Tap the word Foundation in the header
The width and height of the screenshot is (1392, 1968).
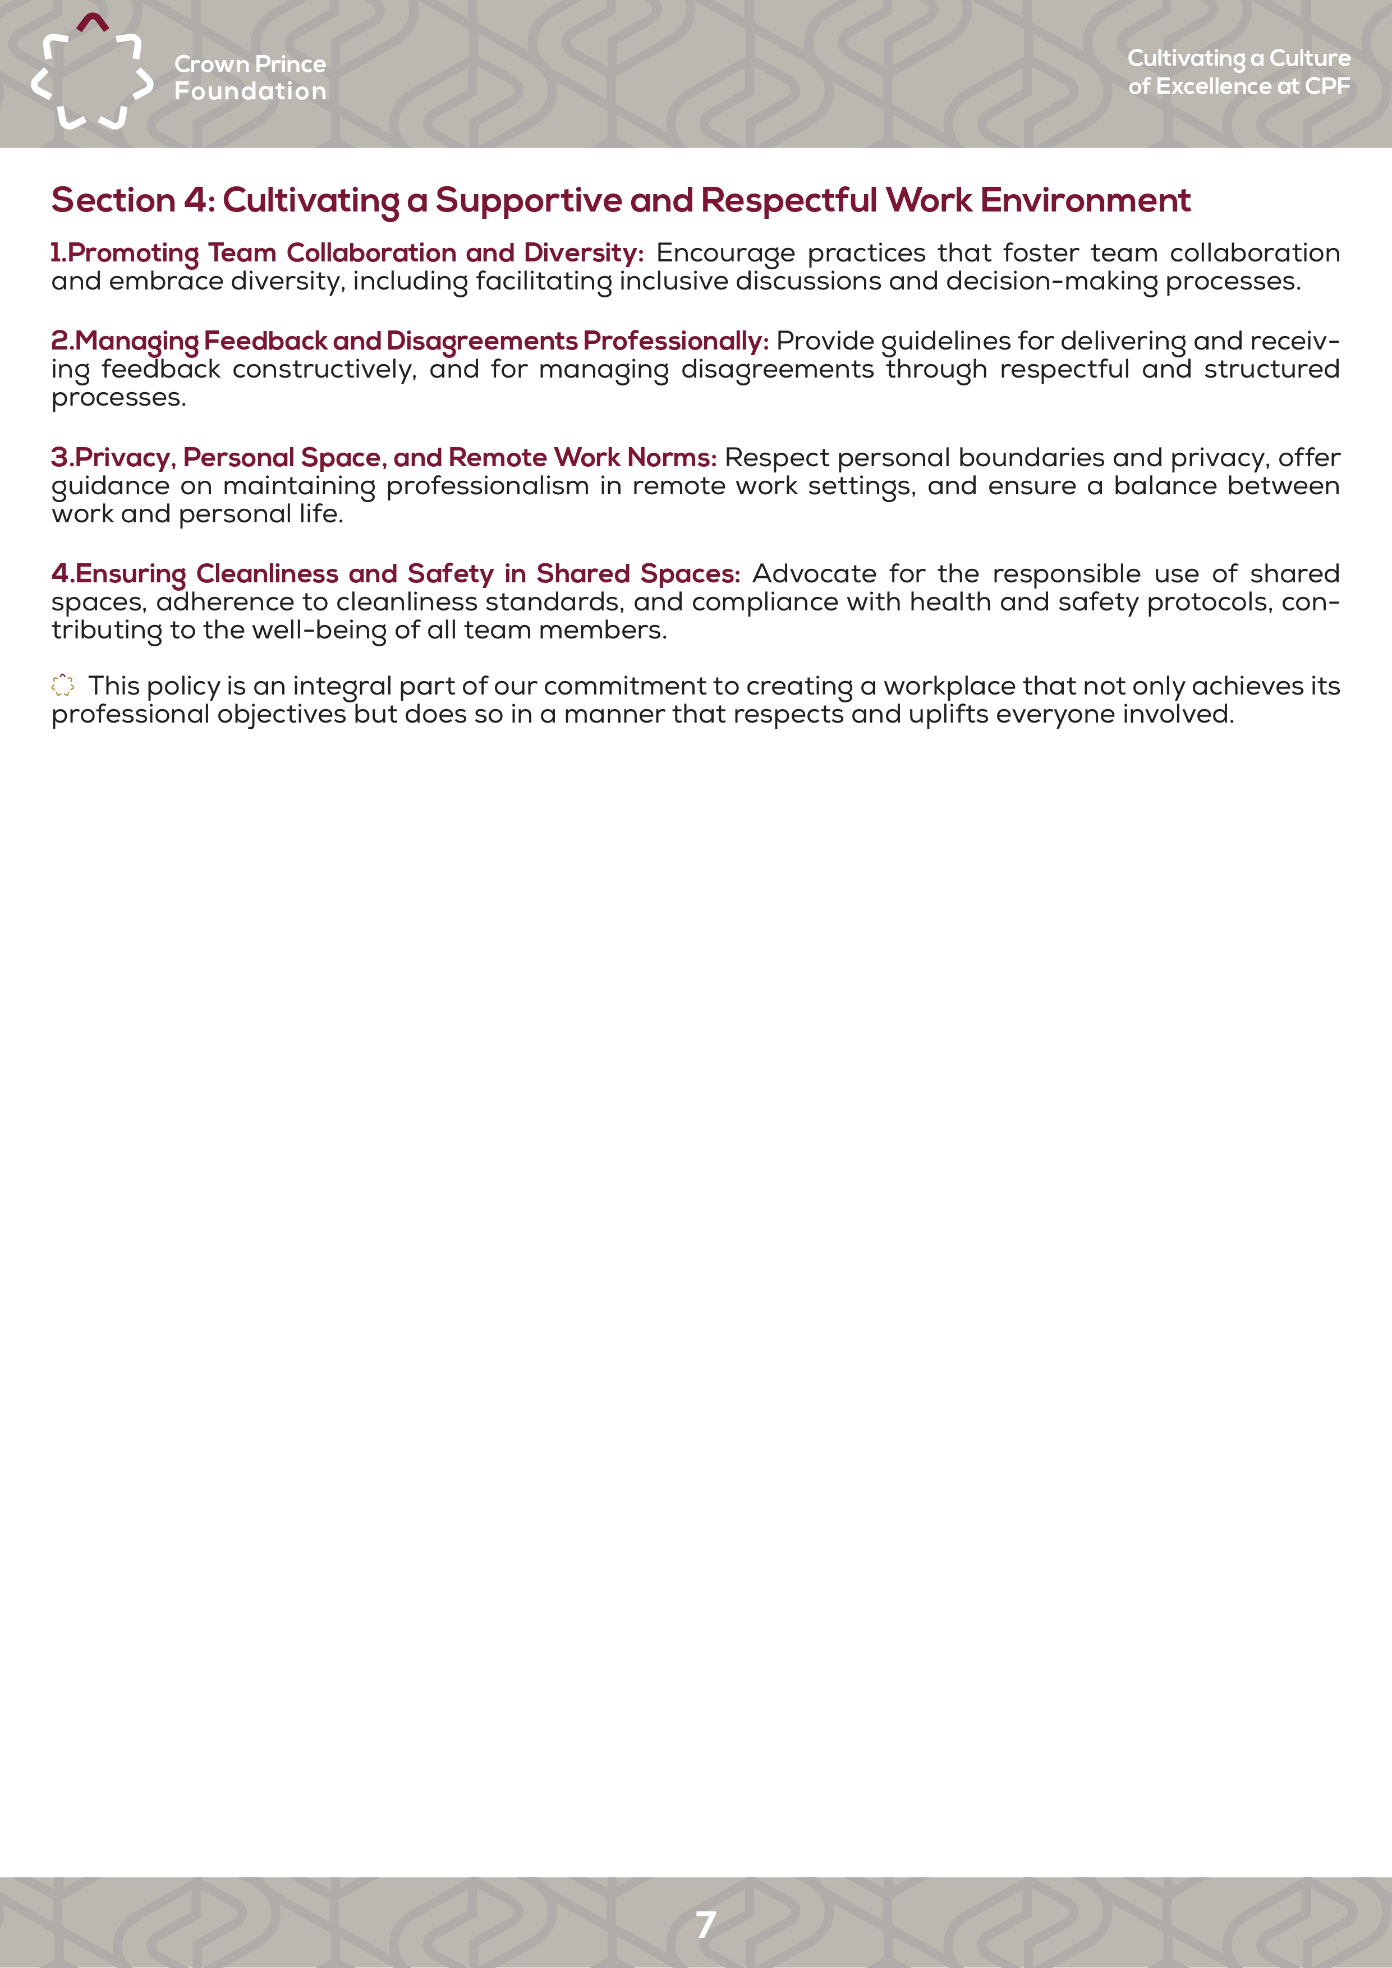pos(250,91)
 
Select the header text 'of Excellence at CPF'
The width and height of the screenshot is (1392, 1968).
pos(1239,86)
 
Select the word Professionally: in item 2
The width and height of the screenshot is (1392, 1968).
pos(676,341)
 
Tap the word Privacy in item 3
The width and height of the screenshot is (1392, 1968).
pos(125,458)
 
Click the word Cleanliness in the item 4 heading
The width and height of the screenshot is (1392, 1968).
pos(268,573)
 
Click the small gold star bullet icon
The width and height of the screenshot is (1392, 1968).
pos(63,686)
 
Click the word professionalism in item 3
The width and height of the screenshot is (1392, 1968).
pos(487,486)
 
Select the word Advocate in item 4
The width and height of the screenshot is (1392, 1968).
pos(814,573)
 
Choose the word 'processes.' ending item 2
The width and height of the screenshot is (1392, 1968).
pos(118,398)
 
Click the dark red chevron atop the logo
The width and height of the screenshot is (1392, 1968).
pos(93,21)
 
